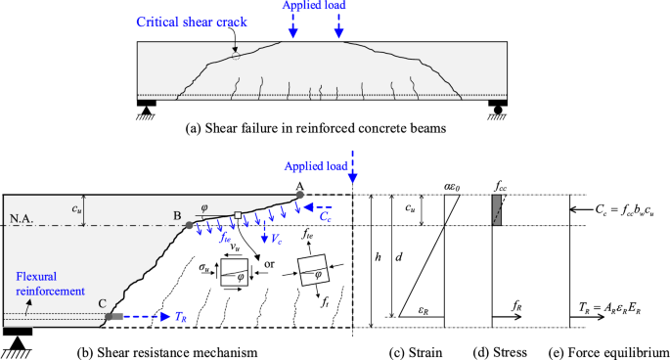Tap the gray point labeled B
(x=188, y=225)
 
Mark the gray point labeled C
(x=110, y=316)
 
